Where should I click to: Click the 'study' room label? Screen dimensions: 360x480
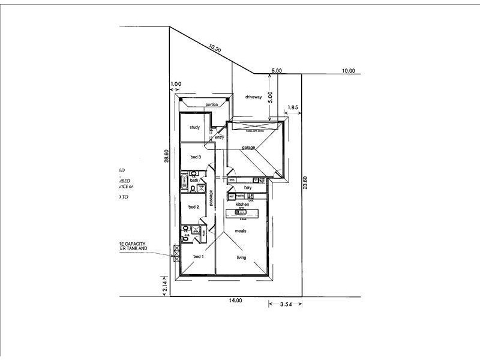(x=194, y=127)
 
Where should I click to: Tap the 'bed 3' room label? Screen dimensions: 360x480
(x=195, y=157)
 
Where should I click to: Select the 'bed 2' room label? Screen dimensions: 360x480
(x=193, y=207)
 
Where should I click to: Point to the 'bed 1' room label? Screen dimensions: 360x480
(x=198, y=257)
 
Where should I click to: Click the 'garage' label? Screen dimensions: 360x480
(x=249, y=147)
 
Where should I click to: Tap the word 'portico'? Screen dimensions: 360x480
(x=211, y=104)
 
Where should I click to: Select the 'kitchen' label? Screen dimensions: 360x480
(x=242, y=205)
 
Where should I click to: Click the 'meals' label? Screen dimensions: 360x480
(x=242, y=230)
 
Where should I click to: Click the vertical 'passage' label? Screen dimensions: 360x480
(x=211, y=198)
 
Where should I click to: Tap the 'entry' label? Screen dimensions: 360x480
(x=219, y=137)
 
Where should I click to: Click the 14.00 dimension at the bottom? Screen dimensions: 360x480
(x=235, y=300)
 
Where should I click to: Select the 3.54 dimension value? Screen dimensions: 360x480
(x=286, y=305)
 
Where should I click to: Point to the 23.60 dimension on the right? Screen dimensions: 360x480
(x=305, y=182)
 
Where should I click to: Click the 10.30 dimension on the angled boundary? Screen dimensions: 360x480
(x=215, y=46)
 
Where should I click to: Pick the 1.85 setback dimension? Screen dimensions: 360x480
(x=293, y=107)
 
